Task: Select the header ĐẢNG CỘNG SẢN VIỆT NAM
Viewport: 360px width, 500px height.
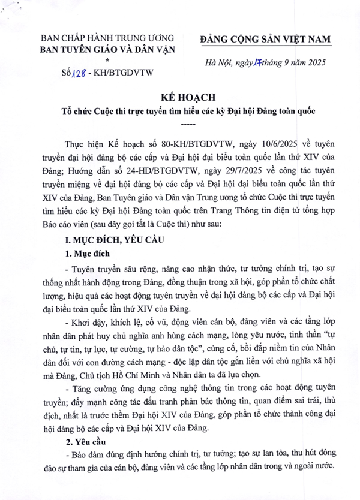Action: [x=265, y=39]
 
